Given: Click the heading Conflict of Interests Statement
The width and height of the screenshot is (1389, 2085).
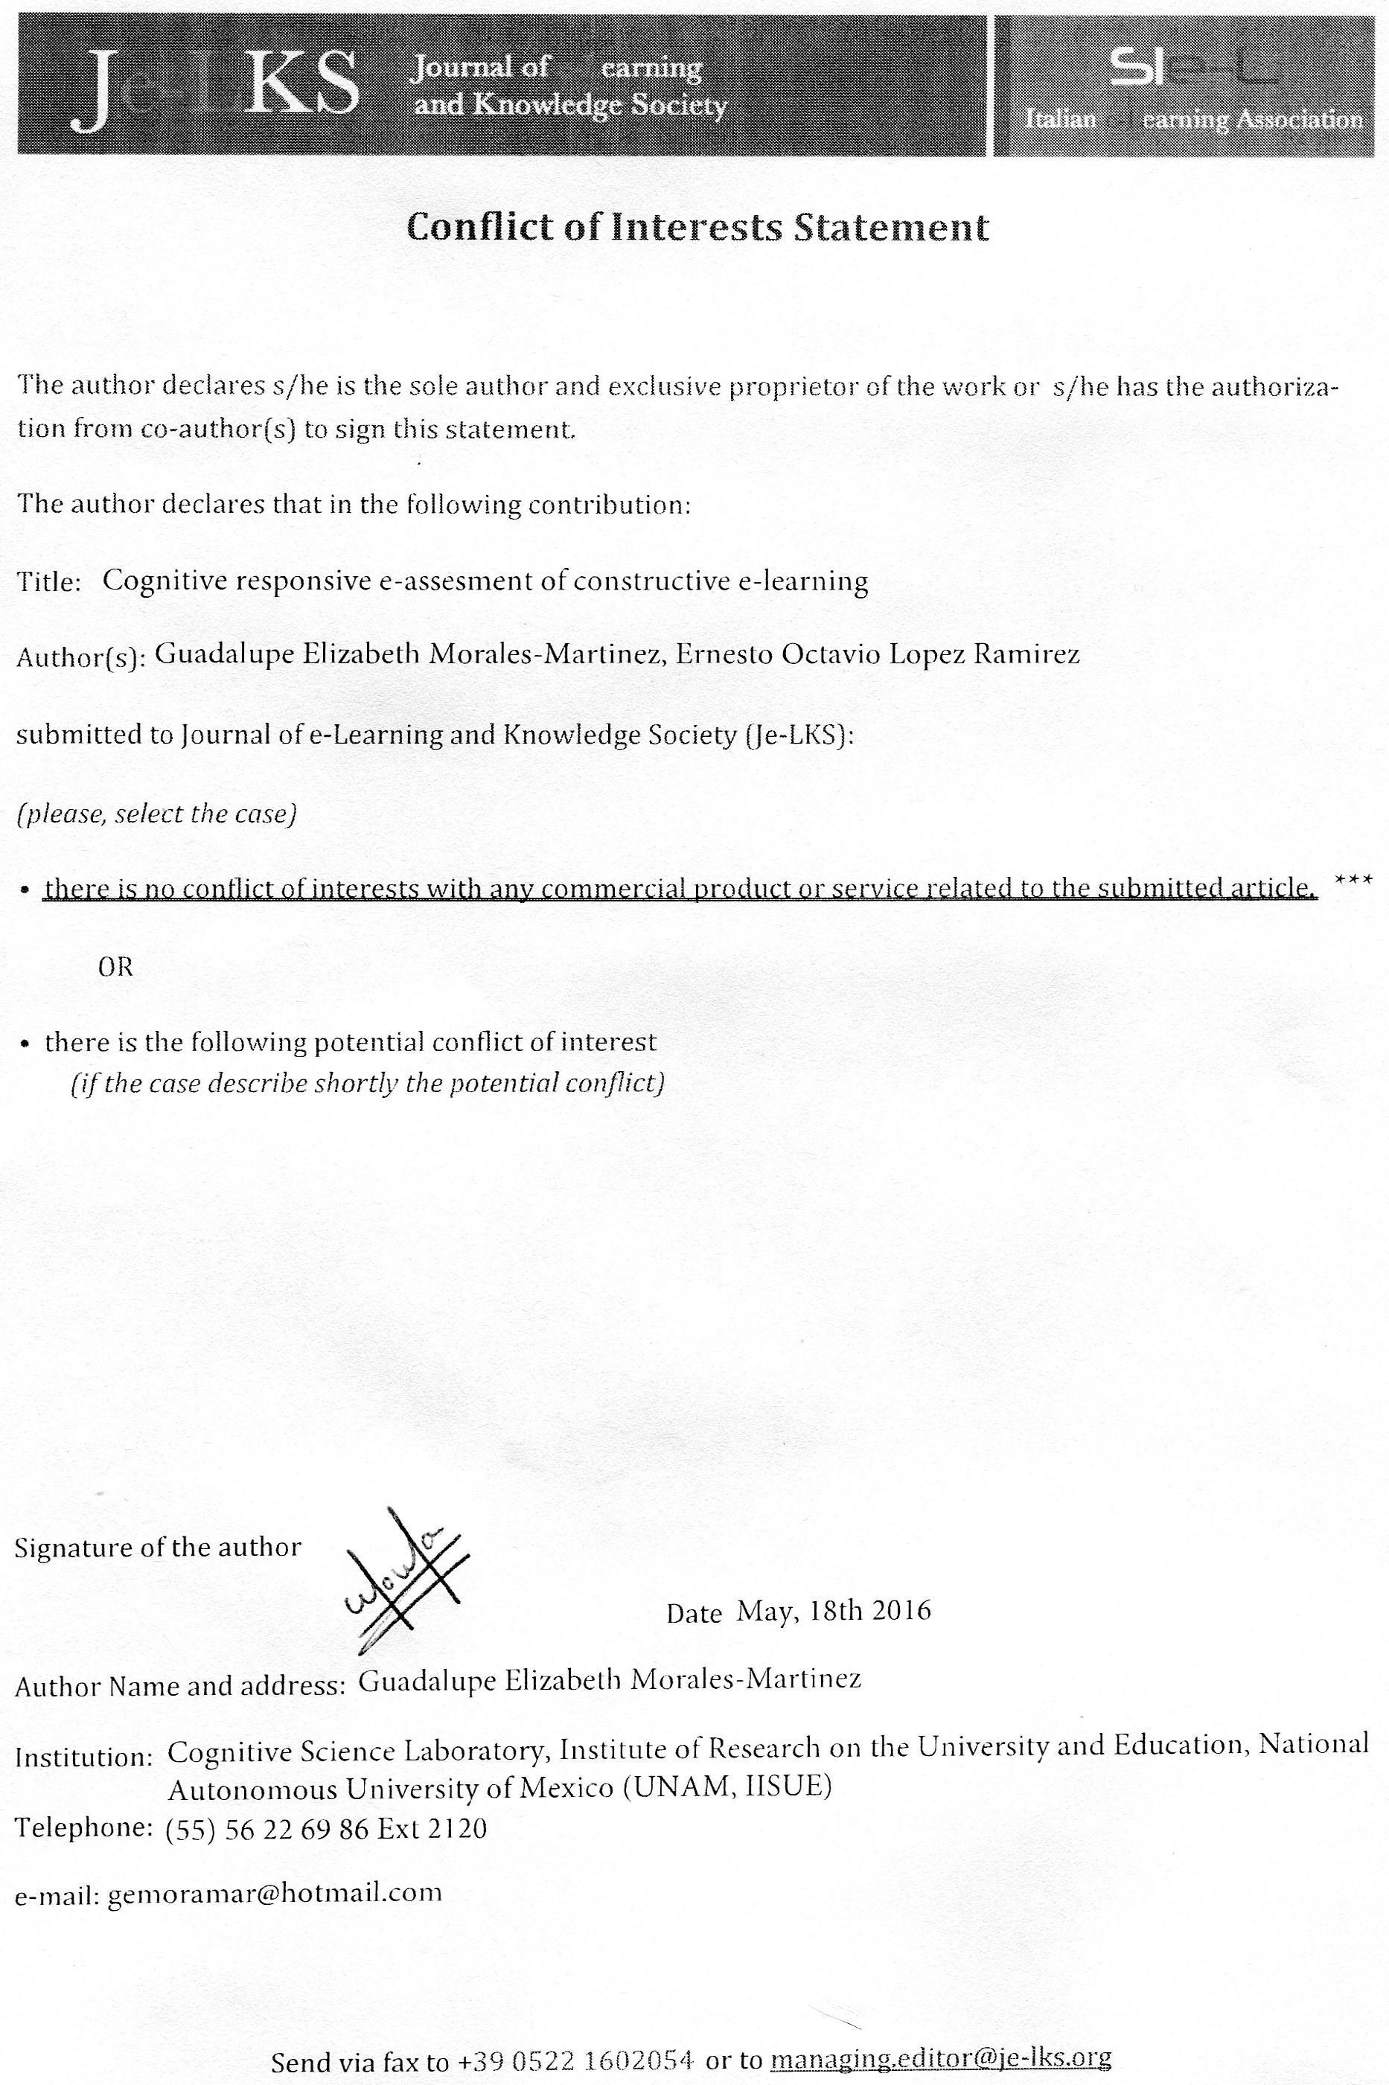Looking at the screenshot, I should click(697, 228).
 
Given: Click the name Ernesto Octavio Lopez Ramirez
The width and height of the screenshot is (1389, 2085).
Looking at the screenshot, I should click(878, 654).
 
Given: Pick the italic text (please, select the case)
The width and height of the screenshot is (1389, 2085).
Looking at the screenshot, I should click(156, 814).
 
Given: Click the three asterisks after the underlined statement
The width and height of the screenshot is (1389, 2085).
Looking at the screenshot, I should click(1353, 881).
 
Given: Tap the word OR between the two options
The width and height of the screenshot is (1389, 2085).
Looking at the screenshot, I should click(115, 967).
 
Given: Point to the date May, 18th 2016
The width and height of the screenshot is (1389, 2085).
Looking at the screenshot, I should click(834, 1609).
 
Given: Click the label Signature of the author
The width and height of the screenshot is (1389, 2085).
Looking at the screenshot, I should click(158, 1548).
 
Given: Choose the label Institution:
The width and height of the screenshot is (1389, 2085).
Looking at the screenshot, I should click(84, 1758).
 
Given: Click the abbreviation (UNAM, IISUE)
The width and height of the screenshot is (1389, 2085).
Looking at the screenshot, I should click(727, 1787).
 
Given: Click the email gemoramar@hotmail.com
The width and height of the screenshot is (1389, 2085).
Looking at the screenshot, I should click(274, 1894).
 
